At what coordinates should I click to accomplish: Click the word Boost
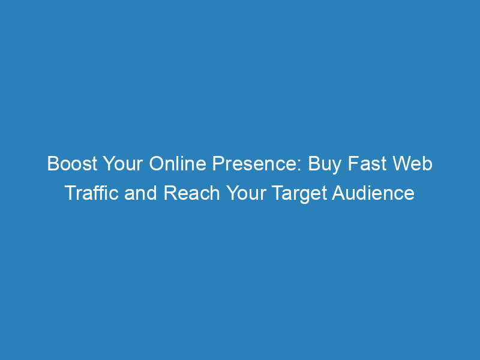point(72,163)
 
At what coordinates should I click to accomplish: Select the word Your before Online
point(123,163)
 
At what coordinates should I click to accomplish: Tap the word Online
point(178,163)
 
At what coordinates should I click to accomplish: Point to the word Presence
point(254,163)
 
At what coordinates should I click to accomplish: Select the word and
point(140,193)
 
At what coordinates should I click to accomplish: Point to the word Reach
point(192,193)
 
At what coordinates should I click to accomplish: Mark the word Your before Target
point(246,193)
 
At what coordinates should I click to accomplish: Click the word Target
point(299,194)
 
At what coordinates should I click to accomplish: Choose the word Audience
point(373,193)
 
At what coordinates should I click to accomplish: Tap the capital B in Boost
point(53,163)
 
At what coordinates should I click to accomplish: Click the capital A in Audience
point(338,193)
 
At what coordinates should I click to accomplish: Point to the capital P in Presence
point(218,163)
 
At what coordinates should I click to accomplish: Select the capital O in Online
point(156,163)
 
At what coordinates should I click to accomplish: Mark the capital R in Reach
point(171,193)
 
